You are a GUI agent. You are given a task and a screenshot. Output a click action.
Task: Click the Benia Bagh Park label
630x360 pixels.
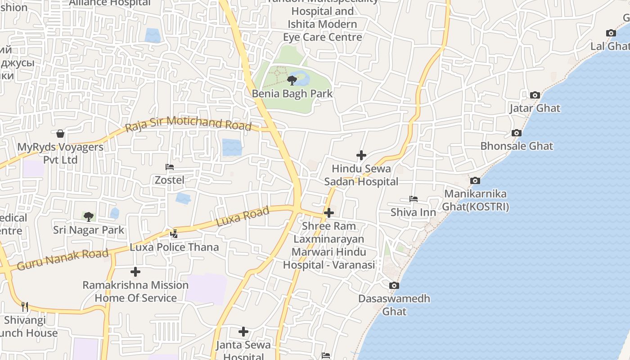pyautogui.click(x=292, y=94)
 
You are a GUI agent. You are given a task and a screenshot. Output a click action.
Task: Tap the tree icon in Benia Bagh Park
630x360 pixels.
pyautogui.click(x=292, y=81)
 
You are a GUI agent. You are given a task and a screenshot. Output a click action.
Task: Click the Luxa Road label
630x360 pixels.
pyautogui.click(x=243, y=216)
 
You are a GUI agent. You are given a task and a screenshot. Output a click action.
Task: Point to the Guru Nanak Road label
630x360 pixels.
pyautogui.click(x=63, y=260)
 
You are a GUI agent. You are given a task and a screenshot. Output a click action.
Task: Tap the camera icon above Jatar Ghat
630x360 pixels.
pyautogui.click(x=535, y=95)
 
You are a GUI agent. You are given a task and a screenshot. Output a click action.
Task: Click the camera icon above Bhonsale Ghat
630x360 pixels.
pyautogui.click(x=517, y=133)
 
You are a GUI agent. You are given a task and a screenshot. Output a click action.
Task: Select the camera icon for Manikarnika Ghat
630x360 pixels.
pyautogui.click(x=475, y=180)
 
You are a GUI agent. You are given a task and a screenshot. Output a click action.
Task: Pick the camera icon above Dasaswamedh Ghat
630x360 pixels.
pyautogui.click(x=394, y=285)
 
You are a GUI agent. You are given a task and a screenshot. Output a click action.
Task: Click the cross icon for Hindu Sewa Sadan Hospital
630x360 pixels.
pyautogui.click(x=361, y=155)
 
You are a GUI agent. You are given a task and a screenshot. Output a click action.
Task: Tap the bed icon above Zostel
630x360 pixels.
pyautogui.click(x=170, y=167)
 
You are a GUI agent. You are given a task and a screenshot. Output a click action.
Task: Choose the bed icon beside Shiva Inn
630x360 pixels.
pyautogui.click(x=413, y=199)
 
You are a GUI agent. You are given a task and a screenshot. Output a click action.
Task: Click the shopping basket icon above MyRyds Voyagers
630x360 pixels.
pyautogui.click(x=60, y=134)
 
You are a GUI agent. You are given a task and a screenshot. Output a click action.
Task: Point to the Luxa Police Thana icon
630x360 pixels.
pyautogui.click(x=174, y=234)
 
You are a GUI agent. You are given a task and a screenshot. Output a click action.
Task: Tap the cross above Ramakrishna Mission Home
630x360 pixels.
pyautogui.click(x=135, y=272)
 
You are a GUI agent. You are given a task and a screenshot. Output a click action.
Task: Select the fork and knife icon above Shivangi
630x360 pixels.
pyautogui.click(x=25, y=307)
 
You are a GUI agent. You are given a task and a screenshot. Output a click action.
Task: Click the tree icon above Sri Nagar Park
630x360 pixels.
pyautogui.click(x=89, y=217)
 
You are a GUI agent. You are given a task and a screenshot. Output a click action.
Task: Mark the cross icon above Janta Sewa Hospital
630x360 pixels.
pyautogui.click(x=243, y=332)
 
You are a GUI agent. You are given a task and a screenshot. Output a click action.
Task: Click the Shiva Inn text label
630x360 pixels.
pyautogui.click(x=413, y=212)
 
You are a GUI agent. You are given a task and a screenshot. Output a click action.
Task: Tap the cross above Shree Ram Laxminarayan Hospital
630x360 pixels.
pyautogui.click(x=329, y=212)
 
